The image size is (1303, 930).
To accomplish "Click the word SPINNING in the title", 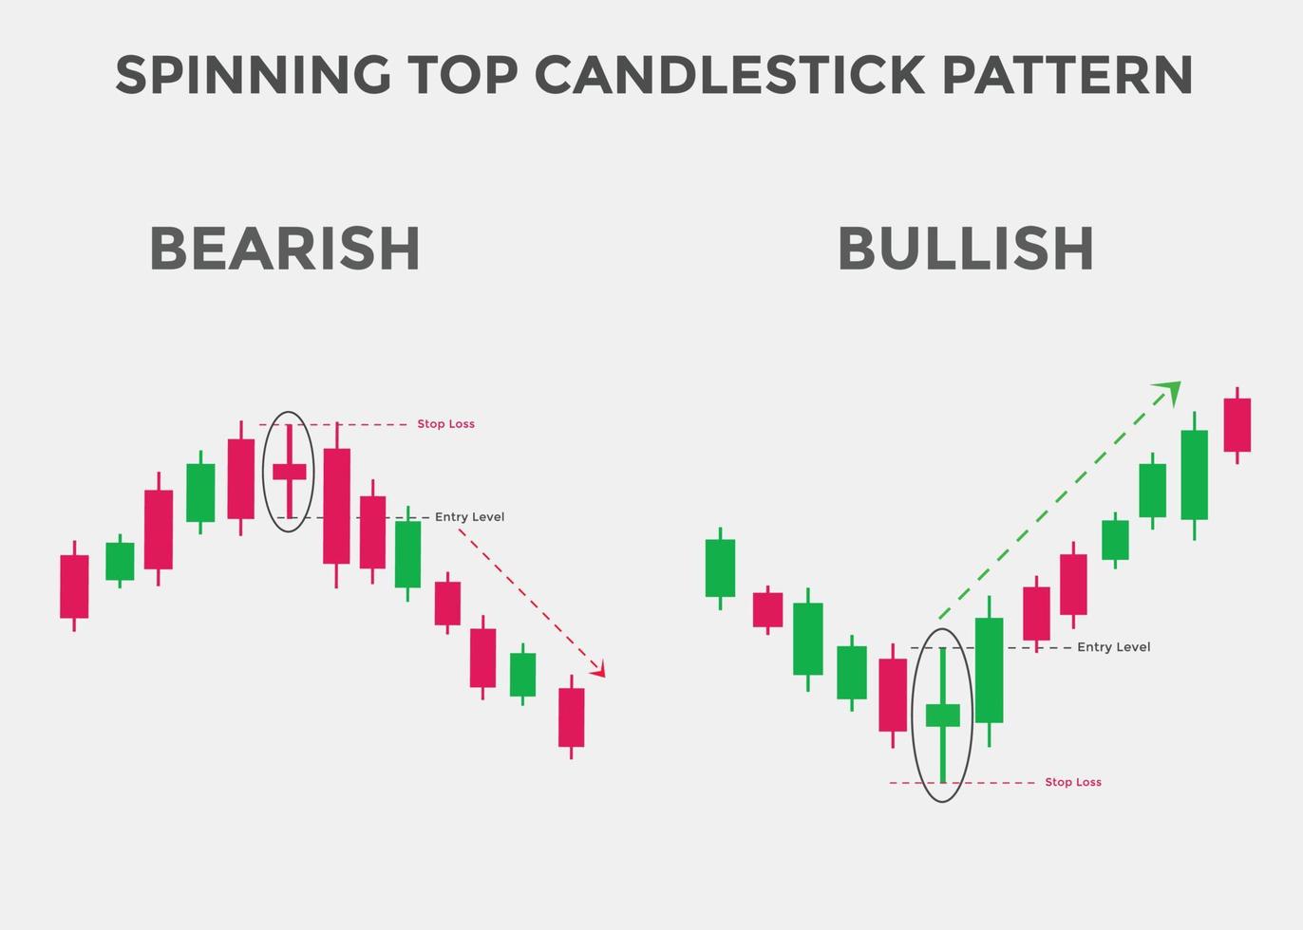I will [253, 75].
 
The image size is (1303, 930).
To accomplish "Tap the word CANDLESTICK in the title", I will [729, 75].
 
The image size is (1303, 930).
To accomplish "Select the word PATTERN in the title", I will [1067, 75].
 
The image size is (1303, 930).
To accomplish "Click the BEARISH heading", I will [285, 249].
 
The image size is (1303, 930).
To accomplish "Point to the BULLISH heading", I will [966, 249].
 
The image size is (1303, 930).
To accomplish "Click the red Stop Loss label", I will [445, 424].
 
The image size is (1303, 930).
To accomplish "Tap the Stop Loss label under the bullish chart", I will [1073, 782].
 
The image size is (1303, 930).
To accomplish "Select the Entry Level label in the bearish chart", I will [469, 517].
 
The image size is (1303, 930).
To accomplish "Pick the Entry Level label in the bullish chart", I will [1113, 647].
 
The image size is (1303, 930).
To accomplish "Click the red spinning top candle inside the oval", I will [289, 472].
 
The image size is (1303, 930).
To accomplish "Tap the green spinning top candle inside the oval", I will [942, 715].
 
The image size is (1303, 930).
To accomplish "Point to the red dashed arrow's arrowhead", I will [598, 671].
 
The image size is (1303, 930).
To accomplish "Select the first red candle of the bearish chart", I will [74, 586].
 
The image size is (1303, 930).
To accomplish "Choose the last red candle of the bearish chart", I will [571, 717].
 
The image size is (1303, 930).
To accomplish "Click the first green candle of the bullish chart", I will [720, 567].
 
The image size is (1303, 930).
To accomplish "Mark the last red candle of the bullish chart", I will [1237, 424].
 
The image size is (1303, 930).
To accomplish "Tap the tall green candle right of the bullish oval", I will [989, 669].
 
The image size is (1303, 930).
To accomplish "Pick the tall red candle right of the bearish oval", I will [336, 506].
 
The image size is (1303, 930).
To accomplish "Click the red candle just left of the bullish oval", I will [893, 695].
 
